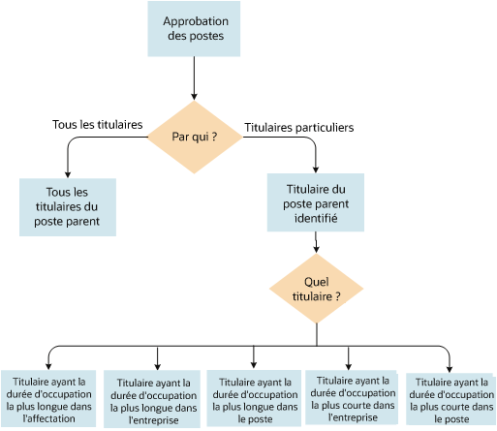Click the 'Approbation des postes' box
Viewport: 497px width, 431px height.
(x=195, y=28)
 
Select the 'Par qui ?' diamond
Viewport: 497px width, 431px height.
(x=194, y=136)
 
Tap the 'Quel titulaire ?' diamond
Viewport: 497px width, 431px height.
(x=316, y=290)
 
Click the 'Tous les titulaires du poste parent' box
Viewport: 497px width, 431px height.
(x=68, y=205)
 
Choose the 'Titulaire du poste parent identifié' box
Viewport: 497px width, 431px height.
(x=315, y=202)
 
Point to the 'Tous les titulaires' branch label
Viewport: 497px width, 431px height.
(x=97, y=125)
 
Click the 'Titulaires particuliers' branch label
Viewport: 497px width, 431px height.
(x=298, y=127)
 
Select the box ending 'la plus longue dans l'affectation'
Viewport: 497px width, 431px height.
(x=48, y=400)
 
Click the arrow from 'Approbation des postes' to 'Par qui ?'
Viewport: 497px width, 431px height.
(x=195, y=77)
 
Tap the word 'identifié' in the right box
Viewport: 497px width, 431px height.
(x=315, y=219)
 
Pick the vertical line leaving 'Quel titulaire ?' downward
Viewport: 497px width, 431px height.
(x=316, y=334)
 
